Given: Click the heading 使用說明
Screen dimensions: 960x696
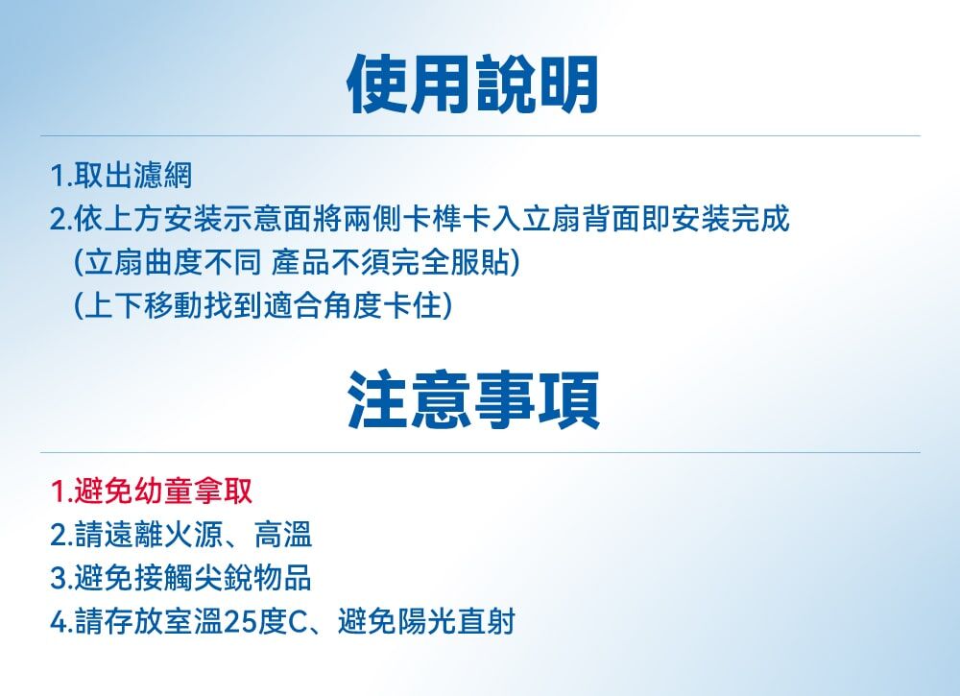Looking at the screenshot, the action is coord(472,85).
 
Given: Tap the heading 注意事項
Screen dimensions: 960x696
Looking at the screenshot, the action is coord(473,400).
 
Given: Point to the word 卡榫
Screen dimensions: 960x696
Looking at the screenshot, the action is coord(434,219).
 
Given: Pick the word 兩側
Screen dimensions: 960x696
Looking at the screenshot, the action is coord(373,219).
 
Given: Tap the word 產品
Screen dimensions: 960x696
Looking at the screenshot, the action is coord(301,262).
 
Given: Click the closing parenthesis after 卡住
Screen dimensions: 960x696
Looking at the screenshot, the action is coord(448,305).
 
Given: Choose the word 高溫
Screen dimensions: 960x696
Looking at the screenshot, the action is coord(283,535).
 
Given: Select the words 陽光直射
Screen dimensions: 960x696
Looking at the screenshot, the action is coord(456,621).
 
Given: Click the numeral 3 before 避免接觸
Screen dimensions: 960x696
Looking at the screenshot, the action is coord(59,579).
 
